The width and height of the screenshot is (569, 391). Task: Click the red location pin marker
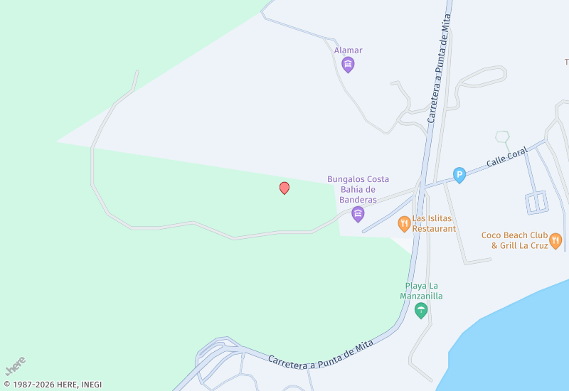tap(284, 188)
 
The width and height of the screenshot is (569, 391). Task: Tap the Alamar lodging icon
tap(348, 65)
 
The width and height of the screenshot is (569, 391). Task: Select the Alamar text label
tap(349, 50)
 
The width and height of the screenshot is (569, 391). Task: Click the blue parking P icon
tap(459, 174)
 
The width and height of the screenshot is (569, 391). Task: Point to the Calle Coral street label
tap(507, 157)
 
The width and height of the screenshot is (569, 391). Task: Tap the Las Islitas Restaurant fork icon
tap(404, 224)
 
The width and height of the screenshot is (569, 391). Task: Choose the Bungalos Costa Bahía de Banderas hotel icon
tap(358, 214)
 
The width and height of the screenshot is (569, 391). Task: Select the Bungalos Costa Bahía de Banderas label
tap(358, 190)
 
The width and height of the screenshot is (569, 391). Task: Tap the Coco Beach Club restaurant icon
tap(555, 240)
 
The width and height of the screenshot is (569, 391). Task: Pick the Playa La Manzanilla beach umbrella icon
tap(421, 309)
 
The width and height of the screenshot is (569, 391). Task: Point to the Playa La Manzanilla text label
tap(421, 291)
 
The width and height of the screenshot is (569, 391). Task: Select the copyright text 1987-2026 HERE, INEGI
tap(53, 385)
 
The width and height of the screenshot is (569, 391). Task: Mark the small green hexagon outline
tap(503, 136)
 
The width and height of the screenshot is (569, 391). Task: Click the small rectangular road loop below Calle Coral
tap(536, 203)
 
